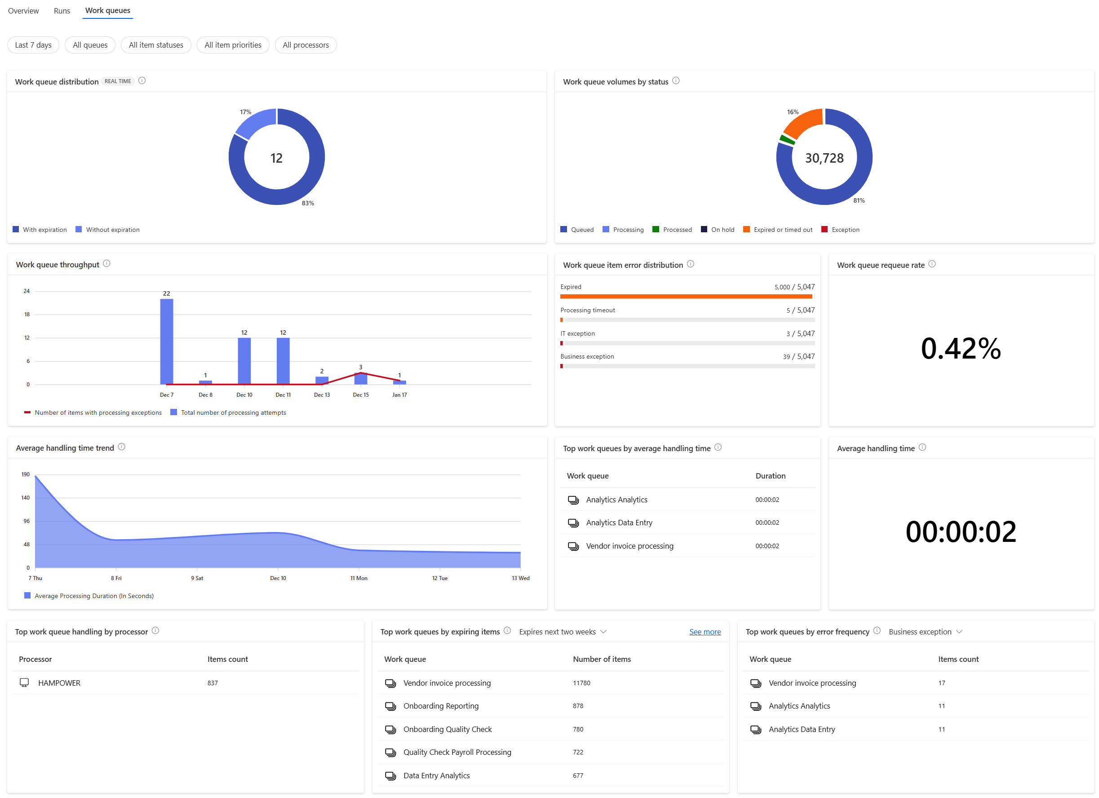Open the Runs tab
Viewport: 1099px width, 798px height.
pyautogui.click(x=62, y=11)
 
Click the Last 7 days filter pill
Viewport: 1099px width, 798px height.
pyautogui.click(x=33, y=45)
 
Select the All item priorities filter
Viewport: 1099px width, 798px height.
pyautogui.click(x=233, y=45)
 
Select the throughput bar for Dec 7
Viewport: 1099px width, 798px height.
pyautogui.click(x=167, y=341)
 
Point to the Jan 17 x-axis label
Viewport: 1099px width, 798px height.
pyautogui.click(x=399, y=395)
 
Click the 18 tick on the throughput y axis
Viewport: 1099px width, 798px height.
pyautogui.click(x=27, y=315)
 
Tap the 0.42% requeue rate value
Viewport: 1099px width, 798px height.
pyautogui.click(x=961, y=348)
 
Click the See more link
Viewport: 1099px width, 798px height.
pyautogui.click(x=705, y=632)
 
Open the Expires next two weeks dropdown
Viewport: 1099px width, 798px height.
pyautogui.click(x=562, y=632)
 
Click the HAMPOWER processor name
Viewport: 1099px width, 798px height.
pyautogui.click(x=59, y=683)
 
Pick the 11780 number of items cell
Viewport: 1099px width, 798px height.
pyautogui.click(x=581, y=683)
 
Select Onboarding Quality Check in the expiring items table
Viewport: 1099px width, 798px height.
pyautogui.click(x=447, y=729)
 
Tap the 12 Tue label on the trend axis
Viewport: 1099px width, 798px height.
pyautogui.click(x=439, y=578)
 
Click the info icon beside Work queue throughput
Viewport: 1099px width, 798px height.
pyautogui.click(x=106, y=264)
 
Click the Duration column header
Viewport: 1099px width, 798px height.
pyautogui.click(x=770, y=476)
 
